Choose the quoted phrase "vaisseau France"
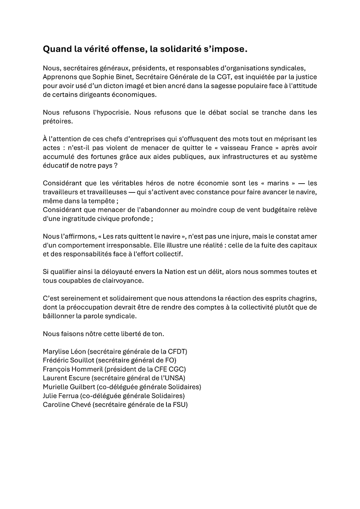[248, 148]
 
